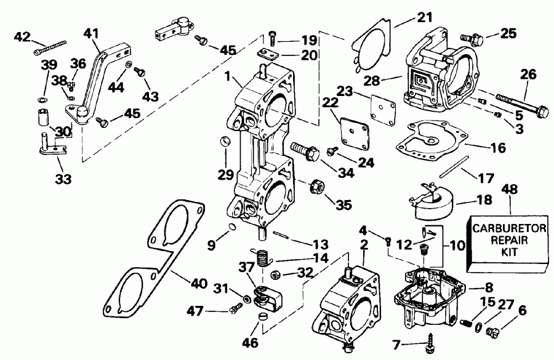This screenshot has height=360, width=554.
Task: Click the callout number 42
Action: pos(23,37)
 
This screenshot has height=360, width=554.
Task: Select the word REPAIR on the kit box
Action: pos(500,241)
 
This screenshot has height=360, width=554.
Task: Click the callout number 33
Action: pos(63,180)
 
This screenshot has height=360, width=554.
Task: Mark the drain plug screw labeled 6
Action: pos(492,332)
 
